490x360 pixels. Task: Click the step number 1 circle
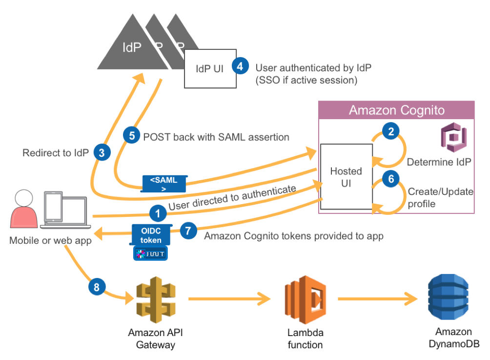157,213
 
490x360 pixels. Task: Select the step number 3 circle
102,153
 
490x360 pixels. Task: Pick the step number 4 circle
241,65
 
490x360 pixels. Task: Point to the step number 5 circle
132,135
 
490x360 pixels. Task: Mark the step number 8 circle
97,287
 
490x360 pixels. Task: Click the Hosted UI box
346,177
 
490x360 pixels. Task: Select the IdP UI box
210,68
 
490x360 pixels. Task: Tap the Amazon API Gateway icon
156,298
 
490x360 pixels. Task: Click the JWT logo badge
151,253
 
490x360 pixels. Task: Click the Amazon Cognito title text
396,110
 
